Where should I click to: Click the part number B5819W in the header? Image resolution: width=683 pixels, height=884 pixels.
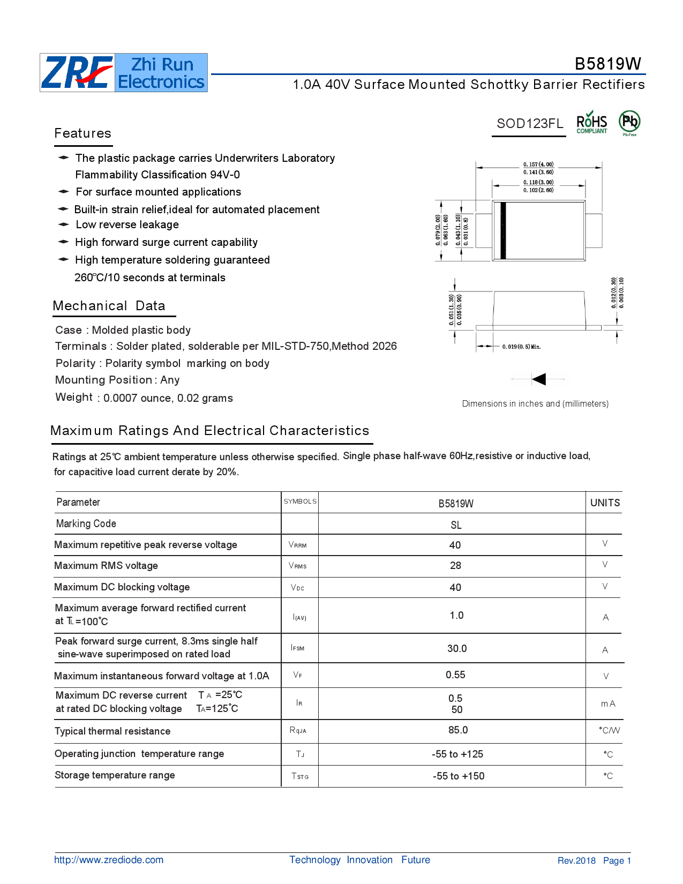(607, 64)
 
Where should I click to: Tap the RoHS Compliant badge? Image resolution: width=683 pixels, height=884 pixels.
(591, 123)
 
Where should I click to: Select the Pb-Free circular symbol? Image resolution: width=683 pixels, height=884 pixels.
(629, 122)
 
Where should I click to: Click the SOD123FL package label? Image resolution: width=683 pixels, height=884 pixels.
(529, 124)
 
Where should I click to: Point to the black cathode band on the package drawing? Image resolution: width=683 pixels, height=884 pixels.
(503, 231)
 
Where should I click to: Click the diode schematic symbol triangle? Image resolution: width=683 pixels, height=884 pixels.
(539, 379)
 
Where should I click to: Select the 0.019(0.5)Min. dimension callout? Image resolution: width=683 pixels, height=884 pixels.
(521, 347)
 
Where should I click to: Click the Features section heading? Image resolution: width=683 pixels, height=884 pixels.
(83, 133)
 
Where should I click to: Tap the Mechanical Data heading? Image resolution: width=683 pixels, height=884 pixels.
(109, 306)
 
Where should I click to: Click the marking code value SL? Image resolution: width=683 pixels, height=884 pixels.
(456, 525)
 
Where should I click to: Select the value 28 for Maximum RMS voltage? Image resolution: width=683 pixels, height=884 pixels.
(455, 566)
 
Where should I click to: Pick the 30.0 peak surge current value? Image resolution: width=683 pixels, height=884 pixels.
(457, 648)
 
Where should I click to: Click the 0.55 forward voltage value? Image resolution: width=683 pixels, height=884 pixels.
(455, 675)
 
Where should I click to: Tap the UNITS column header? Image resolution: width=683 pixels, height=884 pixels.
(605, 503)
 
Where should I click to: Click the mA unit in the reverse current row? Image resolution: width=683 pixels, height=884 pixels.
(608, 703)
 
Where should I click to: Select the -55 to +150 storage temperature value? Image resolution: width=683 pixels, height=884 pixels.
(459, 776)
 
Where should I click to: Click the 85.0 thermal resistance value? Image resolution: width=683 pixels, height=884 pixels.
(458, 730)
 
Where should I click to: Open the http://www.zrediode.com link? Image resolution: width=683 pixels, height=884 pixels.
(109, 860)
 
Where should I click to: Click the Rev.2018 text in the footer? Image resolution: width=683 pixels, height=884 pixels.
(576, 860)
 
